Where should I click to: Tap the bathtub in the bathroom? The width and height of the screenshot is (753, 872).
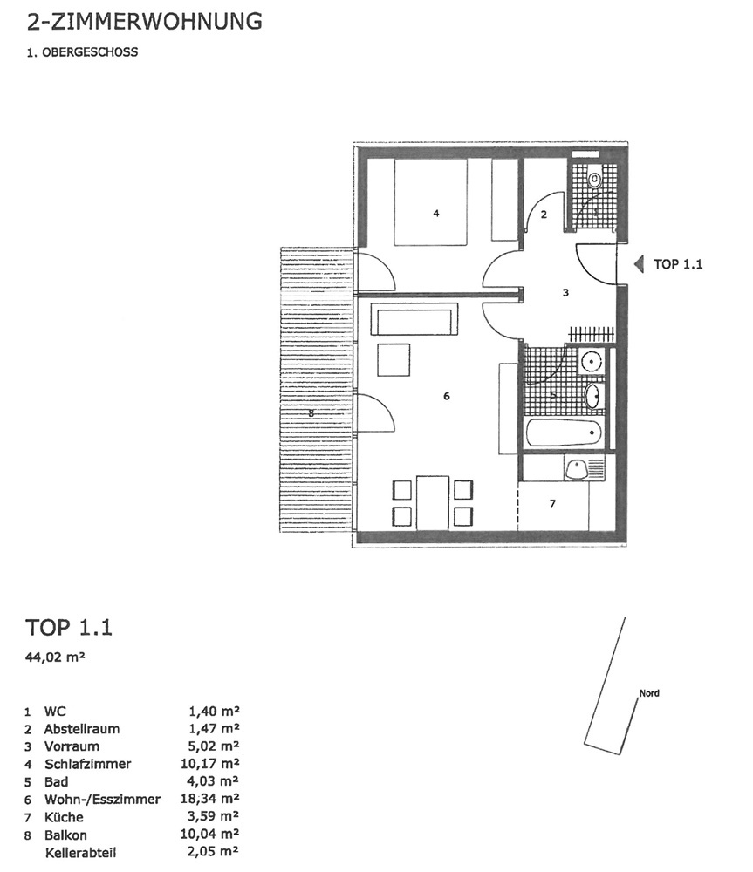(563, 433)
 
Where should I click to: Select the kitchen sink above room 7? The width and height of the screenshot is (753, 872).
(576, 469)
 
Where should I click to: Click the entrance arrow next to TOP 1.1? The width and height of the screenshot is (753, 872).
(639, 263)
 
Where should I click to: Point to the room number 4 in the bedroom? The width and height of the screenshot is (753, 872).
(436, 213)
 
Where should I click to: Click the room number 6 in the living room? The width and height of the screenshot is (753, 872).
(447, 396)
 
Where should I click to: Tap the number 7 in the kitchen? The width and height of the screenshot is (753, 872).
(552, 503)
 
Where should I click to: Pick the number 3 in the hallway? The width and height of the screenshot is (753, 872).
(565, 292)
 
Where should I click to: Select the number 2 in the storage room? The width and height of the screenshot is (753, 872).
(544, 215)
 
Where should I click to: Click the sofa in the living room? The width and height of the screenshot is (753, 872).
(417, 319)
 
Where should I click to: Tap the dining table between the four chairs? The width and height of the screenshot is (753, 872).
(433, 503)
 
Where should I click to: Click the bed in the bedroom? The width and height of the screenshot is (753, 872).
(430, 202)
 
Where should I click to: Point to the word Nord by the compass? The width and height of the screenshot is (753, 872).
(649, 693)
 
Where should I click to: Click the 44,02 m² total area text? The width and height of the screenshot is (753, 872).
(55, 657)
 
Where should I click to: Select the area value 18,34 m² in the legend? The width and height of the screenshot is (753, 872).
(209, 799)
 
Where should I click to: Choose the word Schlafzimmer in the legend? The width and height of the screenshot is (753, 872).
(88, 764)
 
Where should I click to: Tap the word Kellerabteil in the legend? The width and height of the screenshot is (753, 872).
(80, 853)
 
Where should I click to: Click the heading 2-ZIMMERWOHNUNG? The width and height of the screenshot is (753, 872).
(144, 21)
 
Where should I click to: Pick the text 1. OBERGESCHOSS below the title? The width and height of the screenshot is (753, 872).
(82, 52)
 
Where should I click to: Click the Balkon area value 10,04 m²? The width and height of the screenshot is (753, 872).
(209, 835)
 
